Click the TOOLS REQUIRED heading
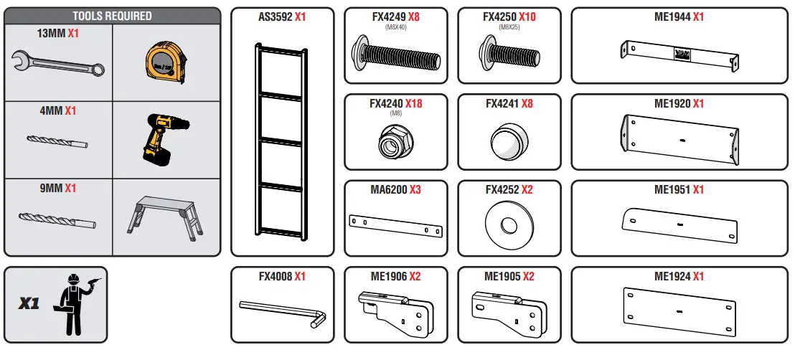[112, 15]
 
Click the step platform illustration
[166, 214]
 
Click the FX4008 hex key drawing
[283, 313]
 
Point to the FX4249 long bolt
[395, 55]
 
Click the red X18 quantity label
[413, 103]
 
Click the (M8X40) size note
[395, 27]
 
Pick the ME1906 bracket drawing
[395, 313]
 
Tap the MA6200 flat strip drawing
[395, 225]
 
